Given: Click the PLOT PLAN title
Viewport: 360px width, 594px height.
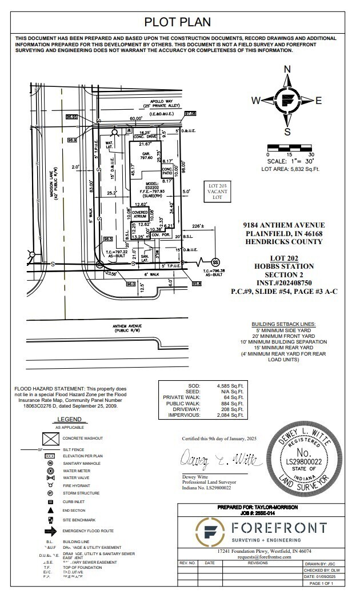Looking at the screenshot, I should [177, 22].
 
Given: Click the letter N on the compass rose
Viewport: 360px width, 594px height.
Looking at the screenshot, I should [287, 70].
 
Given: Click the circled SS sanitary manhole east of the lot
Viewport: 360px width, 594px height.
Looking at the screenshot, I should [215, 260].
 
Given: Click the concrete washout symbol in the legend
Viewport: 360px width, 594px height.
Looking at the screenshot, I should [52, 438].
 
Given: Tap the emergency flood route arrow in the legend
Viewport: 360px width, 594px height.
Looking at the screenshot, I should [52, 531].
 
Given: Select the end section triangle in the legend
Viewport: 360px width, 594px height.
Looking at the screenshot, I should [51, 510].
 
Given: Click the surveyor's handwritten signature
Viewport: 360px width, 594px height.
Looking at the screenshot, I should [210, 459].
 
